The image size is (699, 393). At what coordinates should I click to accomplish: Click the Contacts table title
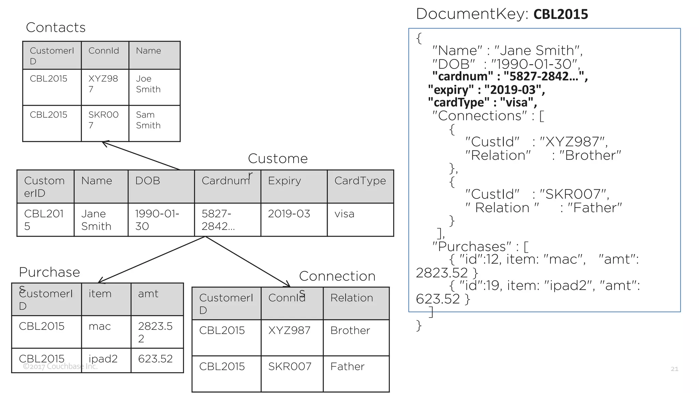[56, 27]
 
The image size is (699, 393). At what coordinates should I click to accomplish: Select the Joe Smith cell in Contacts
[148, 84]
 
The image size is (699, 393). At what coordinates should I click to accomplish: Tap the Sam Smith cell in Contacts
[148, 120]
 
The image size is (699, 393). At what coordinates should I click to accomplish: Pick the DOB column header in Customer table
[147, 180]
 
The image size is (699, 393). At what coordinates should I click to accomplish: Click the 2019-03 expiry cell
[289, 214]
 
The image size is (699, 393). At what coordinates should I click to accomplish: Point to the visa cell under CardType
[344, 214]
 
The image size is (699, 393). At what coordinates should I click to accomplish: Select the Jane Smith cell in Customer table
[96, 220]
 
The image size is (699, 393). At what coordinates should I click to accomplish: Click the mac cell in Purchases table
[100, 326]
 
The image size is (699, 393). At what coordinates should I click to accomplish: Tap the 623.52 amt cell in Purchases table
[155, 359]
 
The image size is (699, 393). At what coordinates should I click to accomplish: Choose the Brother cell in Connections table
[350, 330]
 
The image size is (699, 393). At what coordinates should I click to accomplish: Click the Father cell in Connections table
[347, 366]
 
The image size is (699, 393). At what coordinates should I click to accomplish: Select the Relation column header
[352, 298]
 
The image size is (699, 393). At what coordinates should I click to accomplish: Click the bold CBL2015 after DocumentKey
[560, 14]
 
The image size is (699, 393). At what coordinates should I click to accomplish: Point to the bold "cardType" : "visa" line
[482, 102]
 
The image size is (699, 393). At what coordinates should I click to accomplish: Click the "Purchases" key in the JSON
[471, 246]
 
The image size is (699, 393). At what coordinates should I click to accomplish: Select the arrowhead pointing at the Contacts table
[105, 143]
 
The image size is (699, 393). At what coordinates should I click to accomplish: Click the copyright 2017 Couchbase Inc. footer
[60, 366]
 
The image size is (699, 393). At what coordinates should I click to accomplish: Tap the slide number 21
[674, 369]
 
